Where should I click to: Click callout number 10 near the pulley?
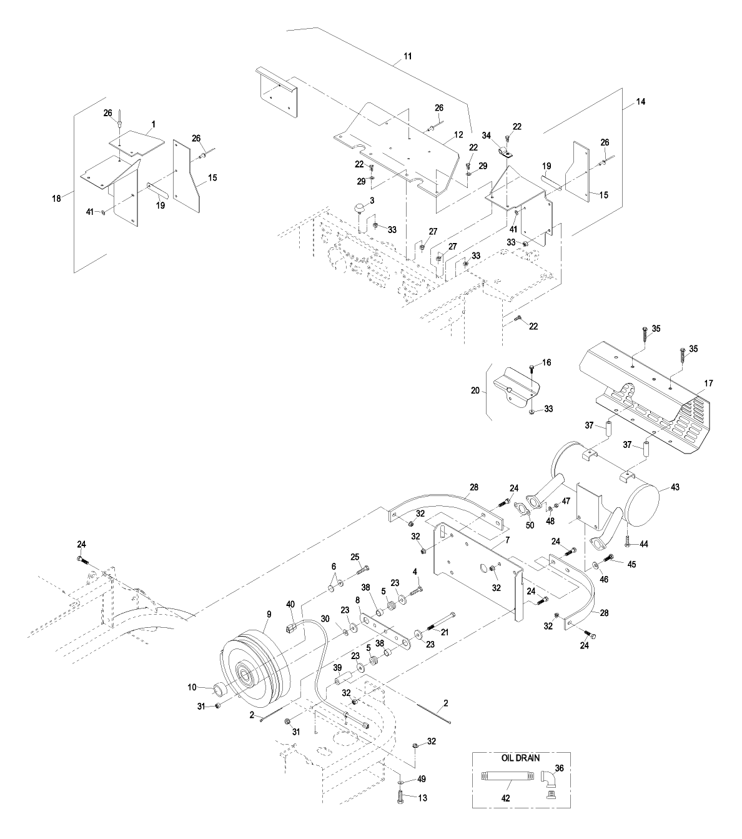[x=193, y=687]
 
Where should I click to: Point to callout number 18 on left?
[x=56, y=198]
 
